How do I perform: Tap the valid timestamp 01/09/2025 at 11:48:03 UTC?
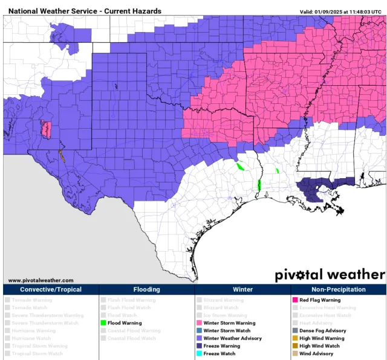tap(340, 11)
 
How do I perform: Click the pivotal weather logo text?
tap(329, 274)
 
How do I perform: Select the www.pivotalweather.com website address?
tap(41, 280)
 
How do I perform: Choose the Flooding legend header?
tap(146, 289)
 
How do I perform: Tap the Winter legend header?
tap(242, 289)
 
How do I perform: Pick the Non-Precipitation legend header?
tap(338, 289)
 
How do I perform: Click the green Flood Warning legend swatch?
tap(103, 323)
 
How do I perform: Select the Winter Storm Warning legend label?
tap(229, 323)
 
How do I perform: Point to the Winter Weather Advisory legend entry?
tap(232, 338)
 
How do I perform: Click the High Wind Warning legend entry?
tap(322, 338)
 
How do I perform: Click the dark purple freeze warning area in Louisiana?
tap(314, 191)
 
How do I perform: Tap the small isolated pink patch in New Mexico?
tap(46, 129)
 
